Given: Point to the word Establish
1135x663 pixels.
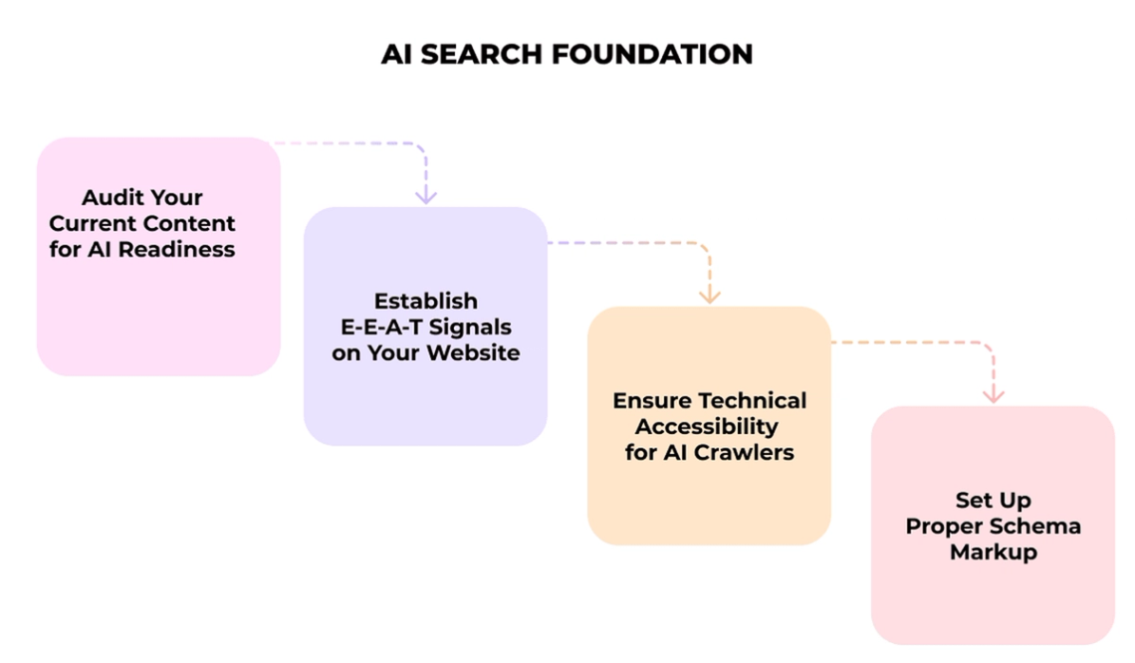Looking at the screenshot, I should pos(425,301).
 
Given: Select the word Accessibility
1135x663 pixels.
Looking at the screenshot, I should pos(707,426).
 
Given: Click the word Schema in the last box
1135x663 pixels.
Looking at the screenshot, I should pos(1042,526).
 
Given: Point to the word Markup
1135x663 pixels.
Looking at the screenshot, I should pos(993,552).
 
